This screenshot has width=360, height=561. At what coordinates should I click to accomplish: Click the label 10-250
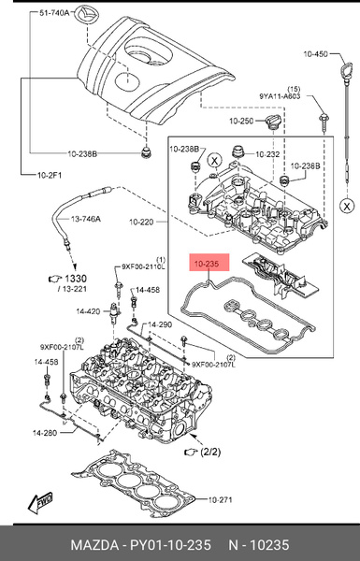240,121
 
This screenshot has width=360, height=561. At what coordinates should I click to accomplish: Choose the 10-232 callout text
267,153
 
